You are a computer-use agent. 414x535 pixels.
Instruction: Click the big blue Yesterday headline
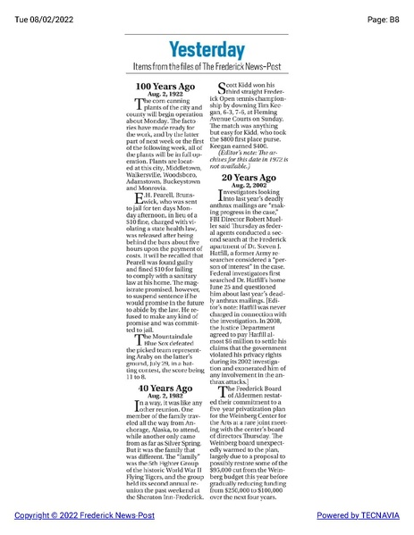(207, 50)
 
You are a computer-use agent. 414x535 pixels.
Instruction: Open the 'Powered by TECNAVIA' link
(359, 517)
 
